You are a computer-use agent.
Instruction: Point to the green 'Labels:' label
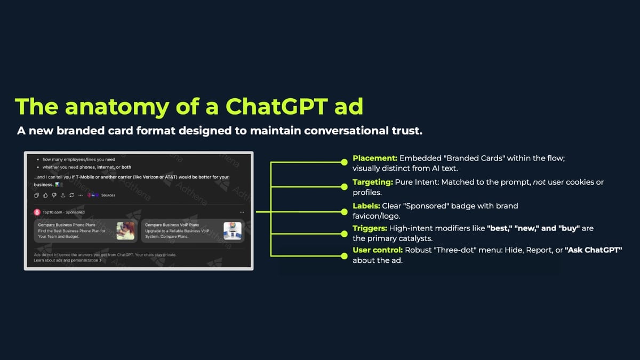pos(366,206)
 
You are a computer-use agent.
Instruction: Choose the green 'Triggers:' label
pos(370,228)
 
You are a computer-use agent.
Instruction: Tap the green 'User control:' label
pos(378,250)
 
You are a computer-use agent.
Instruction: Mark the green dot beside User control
pos(345,255)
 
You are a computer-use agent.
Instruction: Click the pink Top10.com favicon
pos(37,212)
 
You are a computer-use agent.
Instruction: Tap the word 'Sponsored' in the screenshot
pos(75,212)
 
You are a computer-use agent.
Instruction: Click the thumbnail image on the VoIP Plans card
pos(233,230)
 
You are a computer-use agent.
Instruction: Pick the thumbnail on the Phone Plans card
pos(125,230)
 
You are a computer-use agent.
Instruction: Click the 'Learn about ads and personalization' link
pos(67,260)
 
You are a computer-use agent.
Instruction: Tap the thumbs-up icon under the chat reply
pos(46,195)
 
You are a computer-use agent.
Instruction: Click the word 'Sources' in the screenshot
pos(108,195)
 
